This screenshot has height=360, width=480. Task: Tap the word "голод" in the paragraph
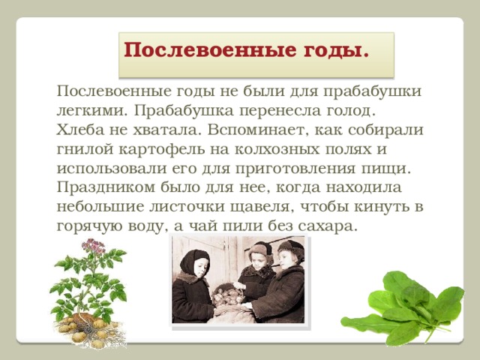346,110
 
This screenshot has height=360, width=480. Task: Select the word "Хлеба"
79,129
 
